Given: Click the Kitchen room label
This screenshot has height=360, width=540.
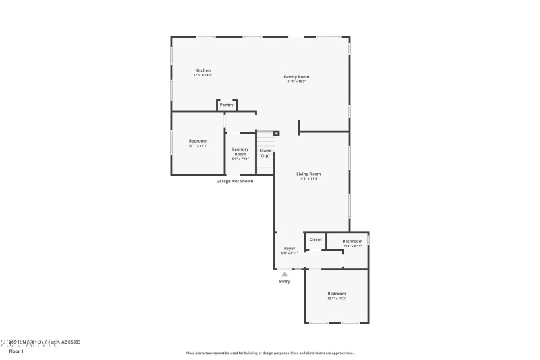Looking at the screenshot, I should pyautogui.click(x=202, y=70).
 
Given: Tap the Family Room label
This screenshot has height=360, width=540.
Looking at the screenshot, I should pyautogui.click(x=296, y=77).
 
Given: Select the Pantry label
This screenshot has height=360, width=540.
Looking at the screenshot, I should pyautogui.click(x=226, y=105).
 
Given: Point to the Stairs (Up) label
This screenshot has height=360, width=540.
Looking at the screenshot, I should pyautogui.click(x=265, y=153).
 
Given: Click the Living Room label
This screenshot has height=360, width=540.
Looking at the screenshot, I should pyautogui.click(x=308, y=174).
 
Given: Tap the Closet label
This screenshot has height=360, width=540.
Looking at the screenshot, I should pyautogui.click(x=315, y=240).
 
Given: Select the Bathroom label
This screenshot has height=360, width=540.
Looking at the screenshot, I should pyautogui.click(x=352, y=241).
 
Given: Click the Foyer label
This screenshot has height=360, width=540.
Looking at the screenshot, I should pyautogui.click(x=289, y=249).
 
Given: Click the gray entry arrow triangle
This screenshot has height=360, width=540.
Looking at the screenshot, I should pyautogui.click(x=285, y=274).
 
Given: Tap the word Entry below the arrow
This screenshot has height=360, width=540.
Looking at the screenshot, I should pyautogui.click(x=285, y=281).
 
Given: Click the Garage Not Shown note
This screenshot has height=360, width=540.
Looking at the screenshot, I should pyautogui.click(x=234, y=181).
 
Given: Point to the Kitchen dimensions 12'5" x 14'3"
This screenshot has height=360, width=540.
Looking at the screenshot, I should pyautogui.click(x=202, y=75).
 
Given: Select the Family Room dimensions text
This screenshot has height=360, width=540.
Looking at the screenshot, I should pyautogui.click(x=296, y=82).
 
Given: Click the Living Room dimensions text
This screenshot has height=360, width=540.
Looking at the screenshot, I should pyautogui.click(x=308, y=178).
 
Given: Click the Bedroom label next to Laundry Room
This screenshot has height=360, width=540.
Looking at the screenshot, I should pyautogui.click(x=198, y=140).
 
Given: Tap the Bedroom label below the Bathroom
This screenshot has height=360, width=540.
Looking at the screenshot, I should pyautogui.click(x=336, y=293).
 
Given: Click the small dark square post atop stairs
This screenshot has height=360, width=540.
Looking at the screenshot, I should pyautogui.click(x=276, y=134).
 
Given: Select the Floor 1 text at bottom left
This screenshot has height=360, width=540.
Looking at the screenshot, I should pyautogui.click(x=16, y=351).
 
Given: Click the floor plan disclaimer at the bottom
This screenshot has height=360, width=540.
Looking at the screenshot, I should pyautogui.click(x=269, y=353).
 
